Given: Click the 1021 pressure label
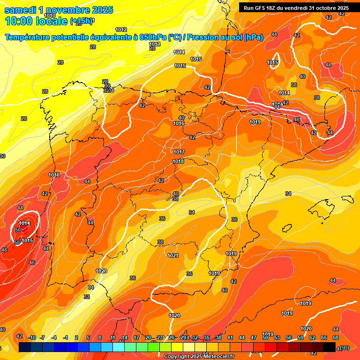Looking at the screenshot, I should click(173, 255).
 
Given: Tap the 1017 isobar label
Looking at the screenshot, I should click(179, 152).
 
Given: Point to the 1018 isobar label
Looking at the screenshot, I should click(178, 162).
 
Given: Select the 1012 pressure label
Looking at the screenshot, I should click(121, 30).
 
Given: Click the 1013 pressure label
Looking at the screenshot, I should click(155, 44).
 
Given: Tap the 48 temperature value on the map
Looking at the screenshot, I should click(4, 250).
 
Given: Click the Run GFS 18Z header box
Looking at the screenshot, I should click(294, 7).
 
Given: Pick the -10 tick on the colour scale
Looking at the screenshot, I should click(32, 337).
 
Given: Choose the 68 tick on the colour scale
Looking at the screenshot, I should click(336, 337).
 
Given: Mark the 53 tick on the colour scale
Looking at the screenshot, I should click(277, 337).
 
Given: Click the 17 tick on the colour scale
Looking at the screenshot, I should click(136, 337).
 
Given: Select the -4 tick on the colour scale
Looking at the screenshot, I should click(54, 337).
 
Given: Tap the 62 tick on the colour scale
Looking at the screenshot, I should click(312, 337).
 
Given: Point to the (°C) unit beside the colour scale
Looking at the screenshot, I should click(344, 348).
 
